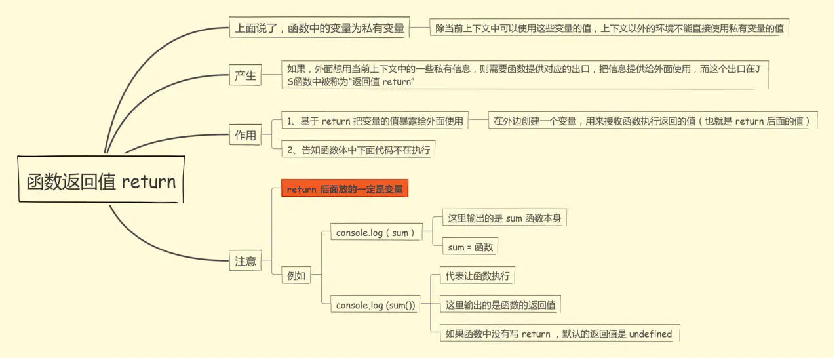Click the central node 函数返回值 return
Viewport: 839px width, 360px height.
point(101,182)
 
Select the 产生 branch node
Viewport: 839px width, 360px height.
point(245,75)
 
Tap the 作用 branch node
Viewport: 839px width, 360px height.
point(245,136)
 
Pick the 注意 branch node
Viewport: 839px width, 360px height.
point(245,261)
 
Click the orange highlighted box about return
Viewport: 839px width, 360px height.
point(345,189)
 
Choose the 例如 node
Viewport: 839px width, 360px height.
point(296,276)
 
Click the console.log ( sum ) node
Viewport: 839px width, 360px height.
point(376,233)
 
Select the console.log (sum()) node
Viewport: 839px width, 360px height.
point(376,305)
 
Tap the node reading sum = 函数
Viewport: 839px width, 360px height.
point(470,247)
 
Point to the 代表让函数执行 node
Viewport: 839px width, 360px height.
point(477,276)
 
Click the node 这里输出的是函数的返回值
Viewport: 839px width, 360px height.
point(500,305)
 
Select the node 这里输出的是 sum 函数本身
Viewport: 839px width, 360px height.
point(503,218)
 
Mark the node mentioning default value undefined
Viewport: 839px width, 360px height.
point(558,334)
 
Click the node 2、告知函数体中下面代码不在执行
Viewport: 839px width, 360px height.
point(359,150)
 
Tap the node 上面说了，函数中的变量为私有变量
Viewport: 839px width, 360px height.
point(320,28)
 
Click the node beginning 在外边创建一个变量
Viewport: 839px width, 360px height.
point(652,121)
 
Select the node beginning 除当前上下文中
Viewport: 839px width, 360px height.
point(609,28)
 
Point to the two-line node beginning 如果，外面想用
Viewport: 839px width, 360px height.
point(523,75)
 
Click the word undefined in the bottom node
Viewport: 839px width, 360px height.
point(650,334)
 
